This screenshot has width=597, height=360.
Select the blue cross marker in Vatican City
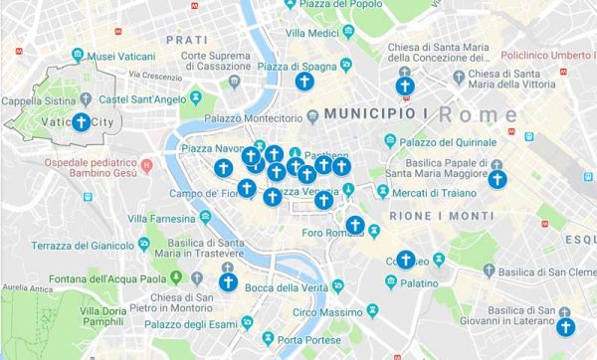click(x=80, y=123)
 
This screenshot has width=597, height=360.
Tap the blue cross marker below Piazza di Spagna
click(x=304, y=83)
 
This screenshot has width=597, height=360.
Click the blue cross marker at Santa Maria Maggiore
click(x=497, y=181)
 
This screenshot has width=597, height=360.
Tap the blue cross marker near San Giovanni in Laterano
click(x=566, y=326)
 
